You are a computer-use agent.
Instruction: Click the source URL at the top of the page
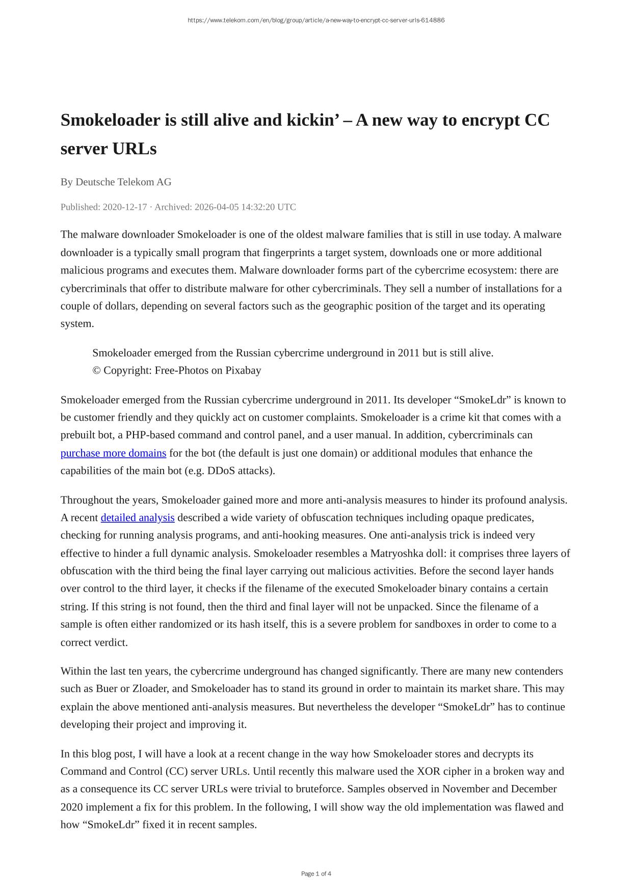[x=316, y=20]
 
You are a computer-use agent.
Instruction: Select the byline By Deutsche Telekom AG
[x=116, y=182]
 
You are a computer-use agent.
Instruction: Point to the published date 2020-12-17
[x=124, y=207]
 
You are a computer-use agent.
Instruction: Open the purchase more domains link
[x=113, y=453]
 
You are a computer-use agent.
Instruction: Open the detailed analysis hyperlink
[x=138, y=518]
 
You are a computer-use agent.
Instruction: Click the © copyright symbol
[x=96, y=371]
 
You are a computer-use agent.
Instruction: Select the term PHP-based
[x=150, y=435]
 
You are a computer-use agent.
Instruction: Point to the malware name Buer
[x=107, y=689]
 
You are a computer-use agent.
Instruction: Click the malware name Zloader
[x=147, y=689]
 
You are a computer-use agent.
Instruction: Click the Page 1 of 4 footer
[x=316, y=874]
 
